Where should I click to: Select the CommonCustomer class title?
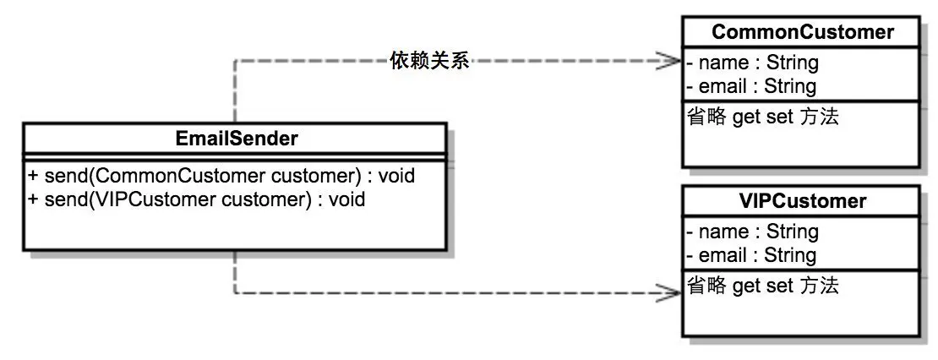802,32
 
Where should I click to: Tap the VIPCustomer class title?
802,201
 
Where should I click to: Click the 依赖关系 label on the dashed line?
429,60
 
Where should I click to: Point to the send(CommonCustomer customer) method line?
221,177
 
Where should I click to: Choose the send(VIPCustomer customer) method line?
197,199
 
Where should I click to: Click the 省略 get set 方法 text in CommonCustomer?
761,117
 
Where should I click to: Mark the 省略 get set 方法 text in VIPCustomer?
761,286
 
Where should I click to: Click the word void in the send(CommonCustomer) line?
396,177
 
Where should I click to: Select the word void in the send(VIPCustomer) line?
346,199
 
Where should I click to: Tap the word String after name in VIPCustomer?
792,231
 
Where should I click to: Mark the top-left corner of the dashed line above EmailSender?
235,60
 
